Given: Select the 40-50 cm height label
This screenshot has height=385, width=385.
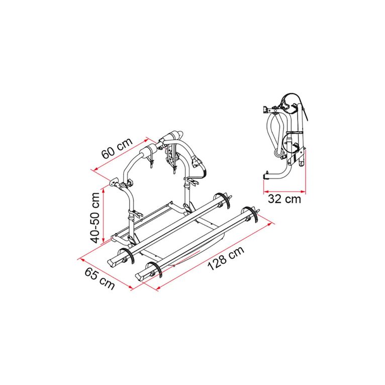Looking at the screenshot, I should tap(94, 216).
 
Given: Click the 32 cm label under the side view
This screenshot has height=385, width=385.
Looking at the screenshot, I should tap(284, 200).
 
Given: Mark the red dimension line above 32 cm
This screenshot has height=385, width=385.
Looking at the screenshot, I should tap(284, 190).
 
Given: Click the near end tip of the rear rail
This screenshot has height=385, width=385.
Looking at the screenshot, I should tap(111, 260).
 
